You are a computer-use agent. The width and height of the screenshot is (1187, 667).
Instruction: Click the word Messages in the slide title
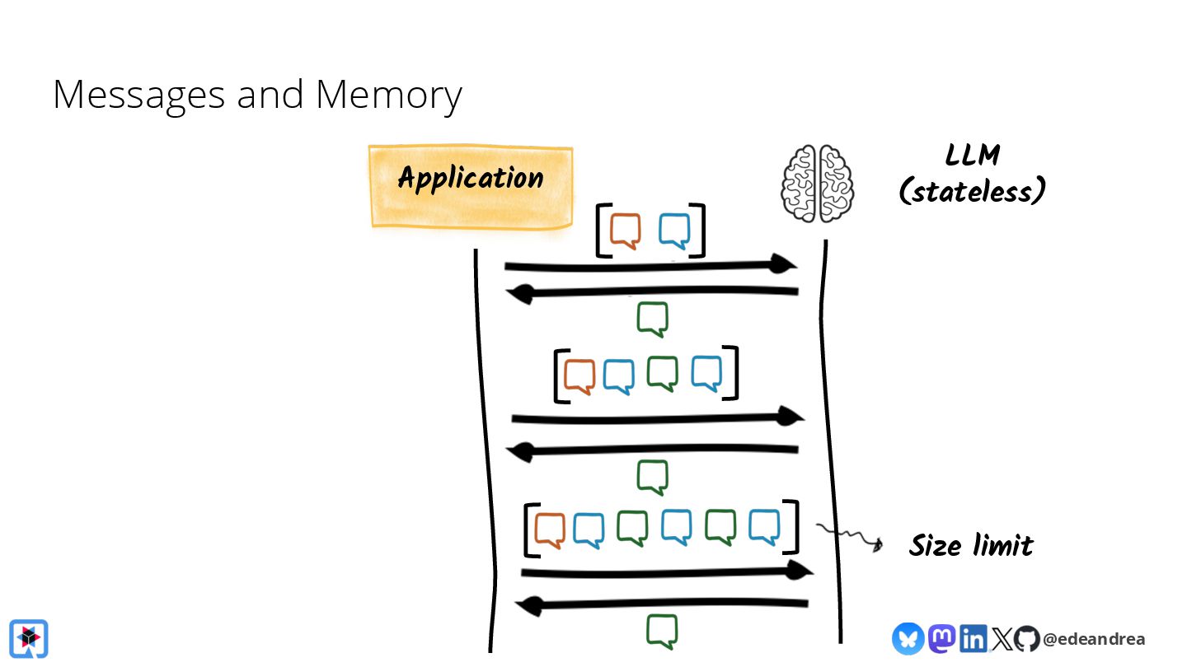pyautogui.click(x=138, y=95)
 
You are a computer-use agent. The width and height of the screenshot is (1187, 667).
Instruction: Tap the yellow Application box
pyautogui.click(x=470, y=186)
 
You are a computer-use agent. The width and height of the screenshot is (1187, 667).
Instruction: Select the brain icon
pyautogui.click(x=818, y=183)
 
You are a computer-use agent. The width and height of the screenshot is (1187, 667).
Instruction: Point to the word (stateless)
pyautogui.click(x=972, y=191)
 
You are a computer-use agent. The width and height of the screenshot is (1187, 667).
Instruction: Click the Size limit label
pyautogui.click(x=971, y=545)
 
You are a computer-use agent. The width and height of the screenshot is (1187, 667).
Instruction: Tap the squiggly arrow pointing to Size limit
pyautogui.click(x=850, y=536)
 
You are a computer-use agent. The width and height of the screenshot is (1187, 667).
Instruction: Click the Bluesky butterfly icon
pyautogui.click(x=908, y=638)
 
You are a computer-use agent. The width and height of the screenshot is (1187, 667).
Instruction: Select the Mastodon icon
pyautogui.click(x=941, y=638)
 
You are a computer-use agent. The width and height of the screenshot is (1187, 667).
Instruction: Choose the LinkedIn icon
pyautogui.click(x=973, y=638)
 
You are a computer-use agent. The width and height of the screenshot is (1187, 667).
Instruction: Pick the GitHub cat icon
pyautogui.click(x=1026, y=638)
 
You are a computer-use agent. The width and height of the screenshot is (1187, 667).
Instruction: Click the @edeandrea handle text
pyautogui.click(x=1093, y=639)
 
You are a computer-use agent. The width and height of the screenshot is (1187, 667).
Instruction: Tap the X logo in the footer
pyautogui.click(x=1001, y=638)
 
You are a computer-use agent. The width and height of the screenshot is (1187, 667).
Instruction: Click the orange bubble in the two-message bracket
pyautogui.click(x=626, y=231)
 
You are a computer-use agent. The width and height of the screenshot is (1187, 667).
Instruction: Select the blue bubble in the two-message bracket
pyautogui.click(x=674, y=231)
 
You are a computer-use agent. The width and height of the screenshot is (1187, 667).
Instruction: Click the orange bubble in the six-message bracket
pyautogui.click(x=550, y=529)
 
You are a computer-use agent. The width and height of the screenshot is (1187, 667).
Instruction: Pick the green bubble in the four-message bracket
pyautogui.click(x=662, y=373)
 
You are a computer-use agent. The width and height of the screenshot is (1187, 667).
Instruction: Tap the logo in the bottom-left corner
pyautogui.click(x=29, y=638)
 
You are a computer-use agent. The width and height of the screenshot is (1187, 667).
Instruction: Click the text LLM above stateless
pyautogui.click(x=973, y=156)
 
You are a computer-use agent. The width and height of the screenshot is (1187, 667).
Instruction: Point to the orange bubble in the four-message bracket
pyautogui.click(x=579, y=376)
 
